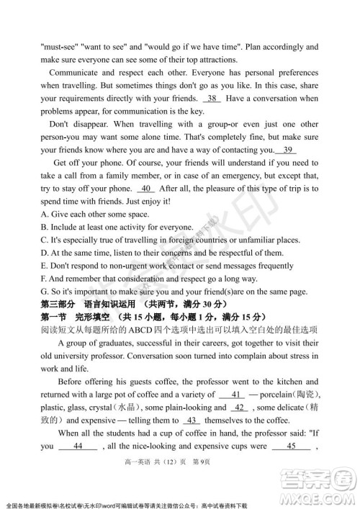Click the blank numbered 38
[x=214, y=98]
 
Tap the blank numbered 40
[x=146, y=189]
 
